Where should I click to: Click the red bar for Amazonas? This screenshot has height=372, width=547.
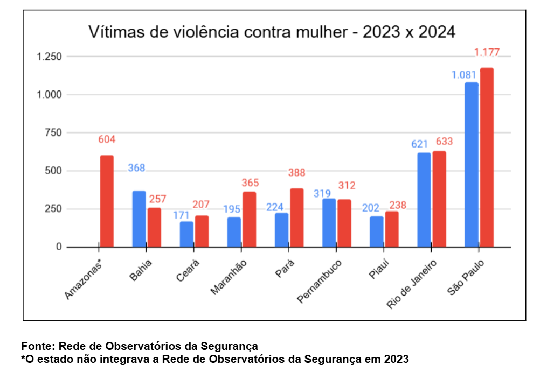click(x=107, y=201)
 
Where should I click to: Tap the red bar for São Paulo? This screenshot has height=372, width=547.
click(x=487, y=158)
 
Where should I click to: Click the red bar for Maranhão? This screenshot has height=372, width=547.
click(x=249, y=220)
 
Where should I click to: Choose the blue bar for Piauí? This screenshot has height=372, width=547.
click(x=376, y=232)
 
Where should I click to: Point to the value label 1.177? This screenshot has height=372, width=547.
click(x=487, y=52)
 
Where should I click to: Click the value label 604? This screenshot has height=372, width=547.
click(x=107, y=140)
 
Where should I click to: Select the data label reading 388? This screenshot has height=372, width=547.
click(x=296, y=173)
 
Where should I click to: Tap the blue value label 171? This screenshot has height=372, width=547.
click(x=181, y=215)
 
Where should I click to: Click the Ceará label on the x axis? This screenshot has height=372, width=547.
click(x=188, y=271)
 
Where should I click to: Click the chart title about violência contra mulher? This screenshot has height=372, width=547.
click(x=272, y=32)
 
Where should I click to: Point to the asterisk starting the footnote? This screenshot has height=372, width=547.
click(x=23, y=357)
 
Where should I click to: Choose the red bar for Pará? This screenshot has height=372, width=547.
click(x=296, y=218)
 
